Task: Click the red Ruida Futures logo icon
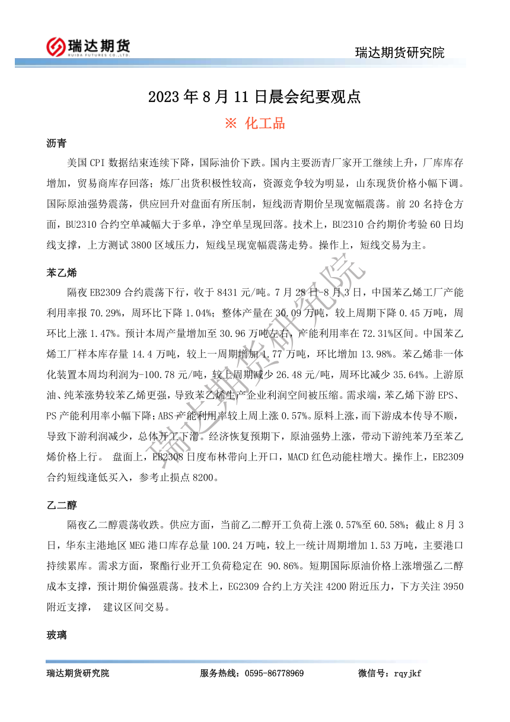pyautogui.click(x=57, y=47)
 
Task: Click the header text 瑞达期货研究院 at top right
pyautogui.click(x=399, y=53)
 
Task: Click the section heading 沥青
pyautogui.click(x=56, y=144)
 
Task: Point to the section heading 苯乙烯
pyautogui.click(x=62, y=273)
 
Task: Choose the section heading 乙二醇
pyautogui.click(x=62, y=505)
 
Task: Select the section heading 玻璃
pyautogui.click(x=56, y=635)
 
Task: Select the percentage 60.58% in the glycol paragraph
pyautogui.click(x=390, y=525)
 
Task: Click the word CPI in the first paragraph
pyautogui.click(x=98, y=162)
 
